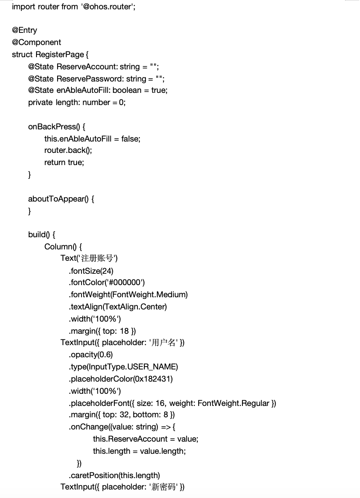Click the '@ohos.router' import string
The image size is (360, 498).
[107, 6]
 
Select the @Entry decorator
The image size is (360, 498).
[24, 30]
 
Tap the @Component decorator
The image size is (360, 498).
[36, 43]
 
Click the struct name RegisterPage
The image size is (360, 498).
[60, 54]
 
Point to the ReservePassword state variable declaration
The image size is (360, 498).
[96, 79]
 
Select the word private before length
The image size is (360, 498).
[40, 103]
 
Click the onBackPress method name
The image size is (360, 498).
[54, 127]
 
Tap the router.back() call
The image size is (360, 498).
[68, 150]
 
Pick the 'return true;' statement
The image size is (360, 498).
[64, 163]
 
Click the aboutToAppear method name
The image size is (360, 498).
[58, 199]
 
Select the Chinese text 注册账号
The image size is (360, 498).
[97, 258]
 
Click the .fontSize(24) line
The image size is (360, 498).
[91, 271]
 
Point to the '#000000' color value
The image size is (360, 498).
[126, 283]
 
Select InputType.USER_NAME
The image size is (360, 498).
[132, 367]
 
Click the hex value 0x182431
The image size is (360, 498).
[152, 379]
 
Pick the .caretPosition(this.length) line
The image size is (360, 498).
[114, 476]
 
